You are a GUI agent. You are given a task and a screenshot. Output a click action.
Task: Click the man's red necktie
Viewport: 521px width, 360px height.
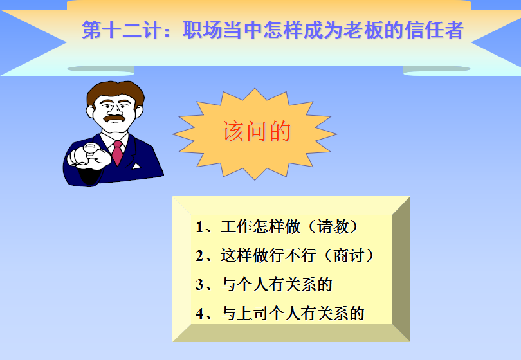[117, 152]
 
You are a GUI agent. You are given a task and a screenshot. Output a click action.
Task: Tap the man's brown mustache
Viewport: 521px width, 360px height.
[114, 118]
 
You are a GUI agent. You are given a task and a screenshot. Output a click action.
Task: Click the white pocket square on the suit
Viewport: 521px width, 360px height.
[136, 166]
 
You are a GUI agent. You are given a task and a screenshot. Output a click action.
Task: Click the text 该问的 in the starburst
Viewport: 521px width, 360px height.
[256, 131]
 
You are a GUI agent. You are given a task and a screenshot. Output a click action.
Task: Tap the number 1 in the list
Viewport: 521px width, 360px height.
[199, 227]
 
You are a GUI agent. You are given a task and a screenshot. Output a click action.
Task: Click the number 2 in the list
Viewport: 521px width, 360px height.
[199, 256]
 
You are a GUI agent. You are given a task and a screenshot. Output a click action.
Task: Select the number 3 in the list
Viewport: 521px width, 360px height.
[199, 285]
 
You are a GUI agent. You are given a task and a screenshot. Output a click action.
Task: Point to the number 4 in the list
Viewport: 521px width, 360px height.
[199, 314]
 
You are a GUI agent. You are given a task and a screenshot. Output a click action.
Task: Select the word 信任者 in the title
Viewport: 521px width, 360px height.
[434, 30]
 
